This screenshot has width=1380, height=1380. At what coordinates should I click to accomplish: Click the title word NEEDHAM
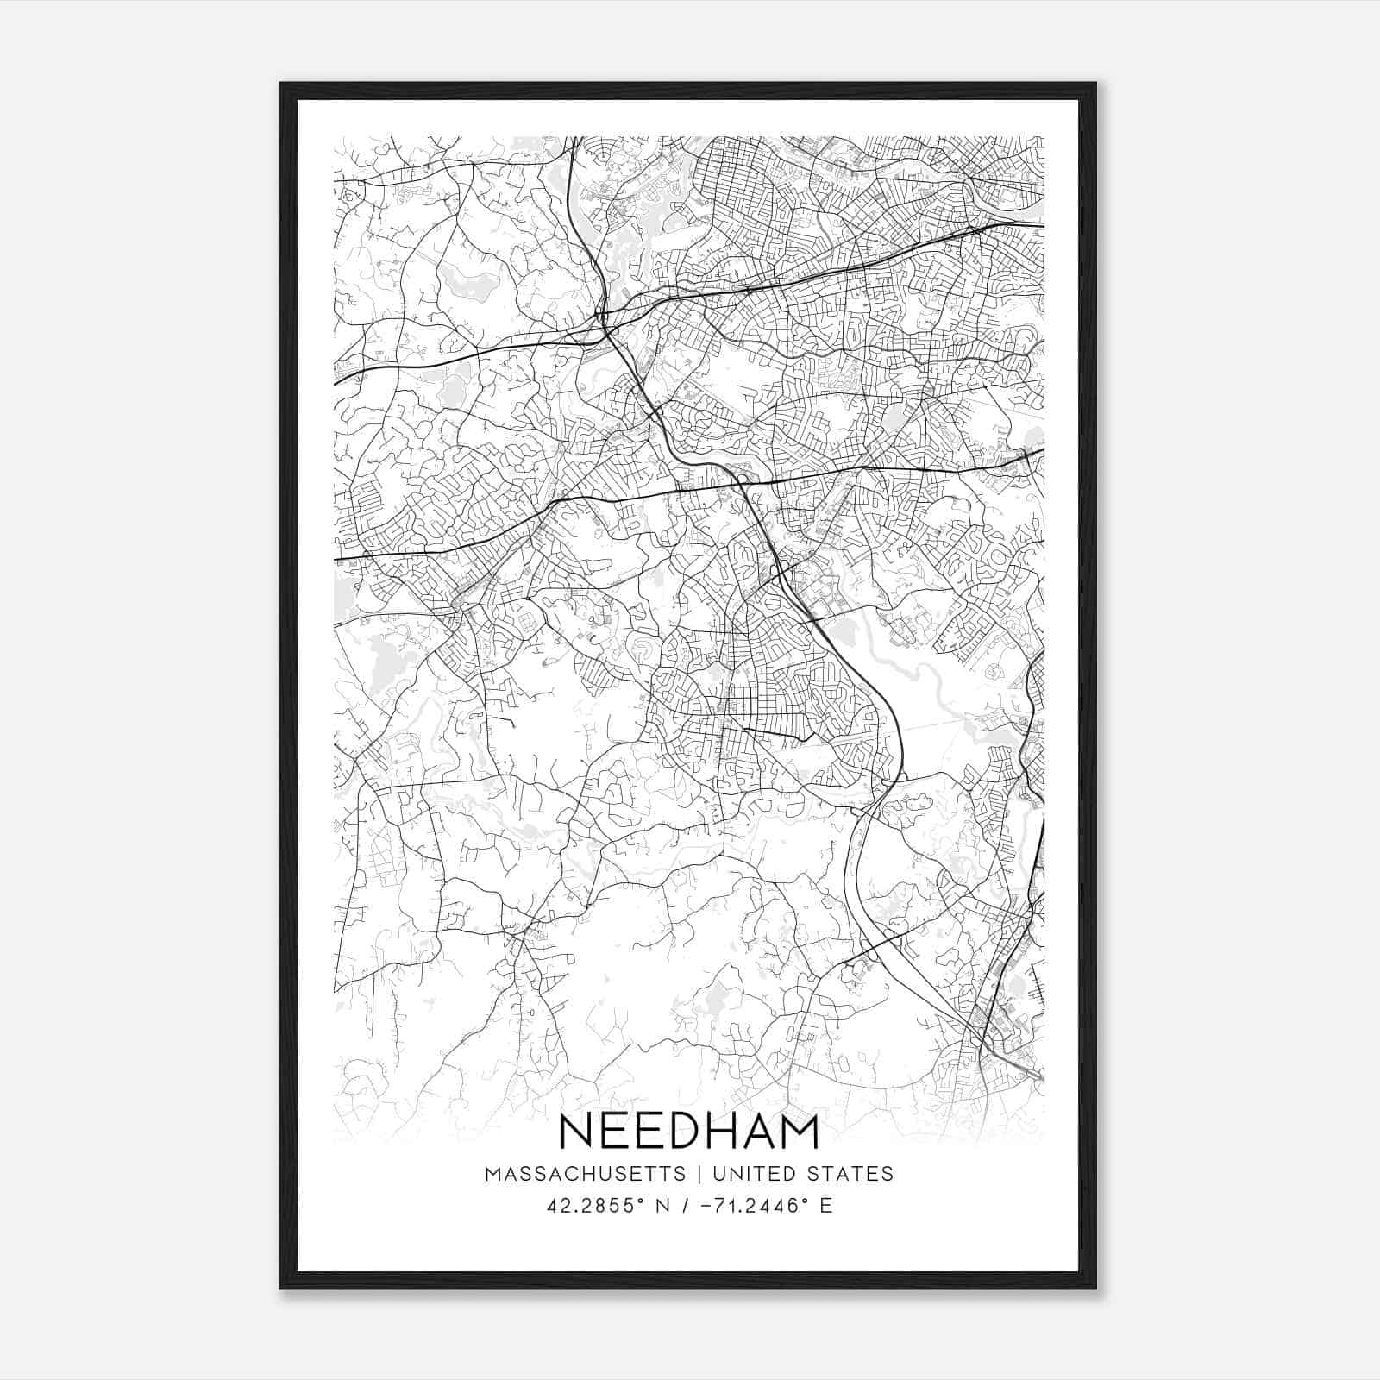[689, 1132]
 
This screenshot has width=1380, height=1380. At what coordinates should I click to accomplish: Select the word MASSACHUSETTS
[586, 1174]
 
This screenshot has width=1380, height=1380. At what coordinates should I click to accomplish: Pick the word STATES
[850, 1174]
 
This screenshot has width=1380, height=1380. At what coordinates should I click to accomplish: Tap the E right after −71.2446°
[826, 1205]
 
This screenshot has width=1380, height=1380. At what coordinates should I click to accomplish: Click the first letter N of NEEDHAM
[577, 1132]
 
